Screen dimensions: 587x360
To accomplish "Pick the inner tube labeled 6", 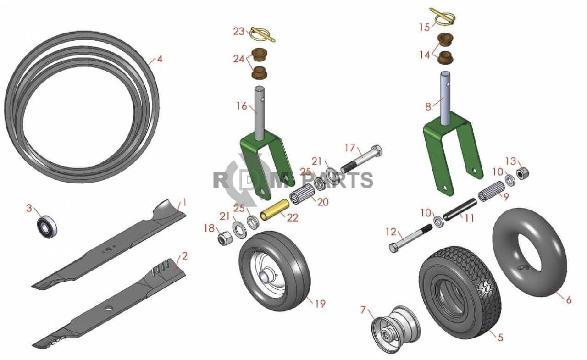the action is click(530, 252).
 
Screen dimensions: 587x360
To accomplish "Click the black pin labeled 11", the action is click(460, 210).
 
